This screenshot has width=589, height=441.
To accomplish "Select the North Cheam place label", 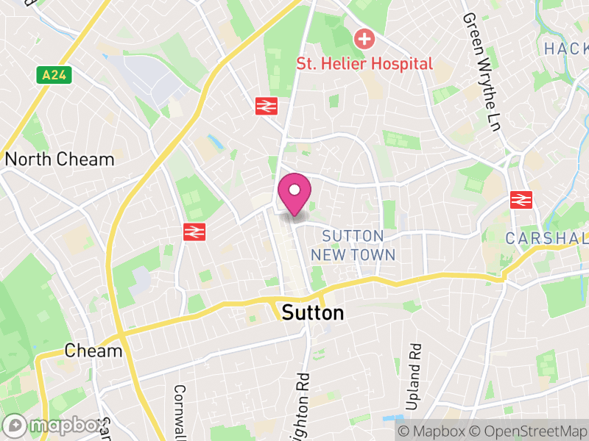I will point(60,159).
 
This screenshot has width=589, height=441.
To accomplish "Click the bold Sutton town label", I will point(313,313).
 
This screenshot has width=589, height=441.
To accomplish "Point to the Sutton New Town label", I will point(353,245).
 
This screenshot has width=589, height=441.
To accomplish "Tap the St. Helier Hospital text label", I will point(364,64).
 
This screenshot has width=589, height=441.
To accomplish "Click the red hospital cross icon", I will point(364,38).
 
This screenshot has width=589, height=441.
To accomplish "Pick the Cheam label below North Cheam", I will point(94,351).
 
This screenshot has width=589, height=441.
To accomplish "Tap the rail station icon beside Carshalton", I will point(521,199).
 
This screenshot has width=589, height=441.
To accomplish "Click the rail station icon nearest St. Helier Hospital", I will point(266,106).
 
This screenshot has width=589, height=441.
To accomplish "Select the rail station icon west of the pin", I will point(194,232).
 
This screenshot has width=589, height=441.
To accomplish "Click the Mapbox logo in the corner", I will point(54,426).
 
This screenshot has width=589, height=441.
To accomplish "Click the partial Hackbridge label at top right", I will point(566,49).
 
